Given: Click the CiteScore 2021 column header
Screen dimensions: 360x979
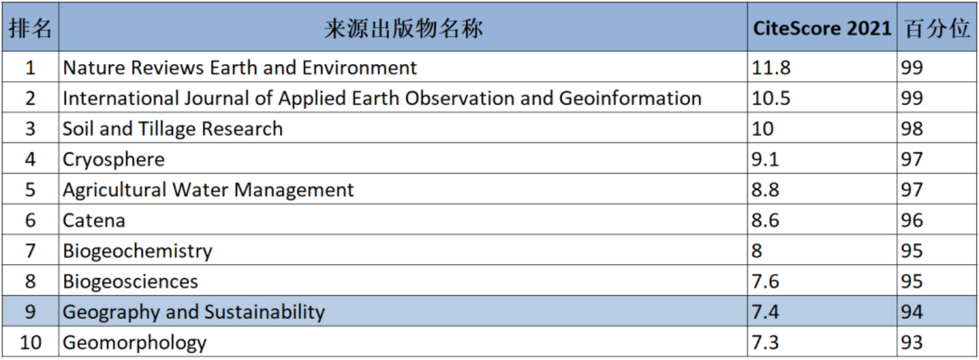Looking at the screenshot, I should [x=821, y=28].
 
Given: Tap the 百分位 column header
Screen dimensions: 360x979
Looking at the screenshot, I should [x=937, y=28].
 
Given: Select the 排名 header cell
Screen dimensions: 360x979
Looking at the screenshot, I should [x=30, y=28].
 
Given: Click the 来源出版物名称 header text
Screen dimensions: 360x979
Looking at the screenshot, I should [x=403, y=28].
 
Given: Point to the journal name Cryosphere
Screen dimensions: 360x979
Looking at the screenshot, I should [x=113, y=160].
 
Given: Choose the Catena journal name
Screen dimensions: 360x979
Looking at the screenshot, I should [x=94, y=221].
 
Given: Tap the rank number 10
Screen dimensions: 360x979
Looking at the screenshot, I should [x=30, y=342].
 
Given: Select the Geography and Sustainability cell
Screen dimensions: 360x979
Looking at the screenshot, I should [x=193, y=312].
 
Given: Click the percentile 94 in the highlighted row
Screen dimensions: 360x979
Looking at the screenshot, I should [x=912, y=312].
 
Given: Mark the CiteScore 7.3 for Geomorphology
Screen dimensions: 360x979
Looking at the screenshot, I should [x=765, y=342].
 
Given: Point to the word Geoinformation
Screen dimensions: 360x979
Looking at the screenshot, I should [x=630, y=98].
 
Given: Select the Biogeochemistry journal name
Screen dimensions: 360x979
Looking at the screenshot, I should [x=137, y=250].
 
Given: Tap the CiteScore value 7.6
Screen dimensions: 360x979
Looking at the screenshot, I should [x=765, y=281].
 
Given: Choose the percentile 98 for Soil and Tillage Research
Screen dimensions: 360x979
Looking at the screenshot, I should [x=912, y=129].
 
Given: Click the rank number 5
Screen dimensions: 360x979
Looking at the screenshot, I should [x=30, y=190].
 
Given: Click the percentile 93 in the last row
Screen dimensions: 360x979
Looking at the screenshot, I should [x=912, y=342].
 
